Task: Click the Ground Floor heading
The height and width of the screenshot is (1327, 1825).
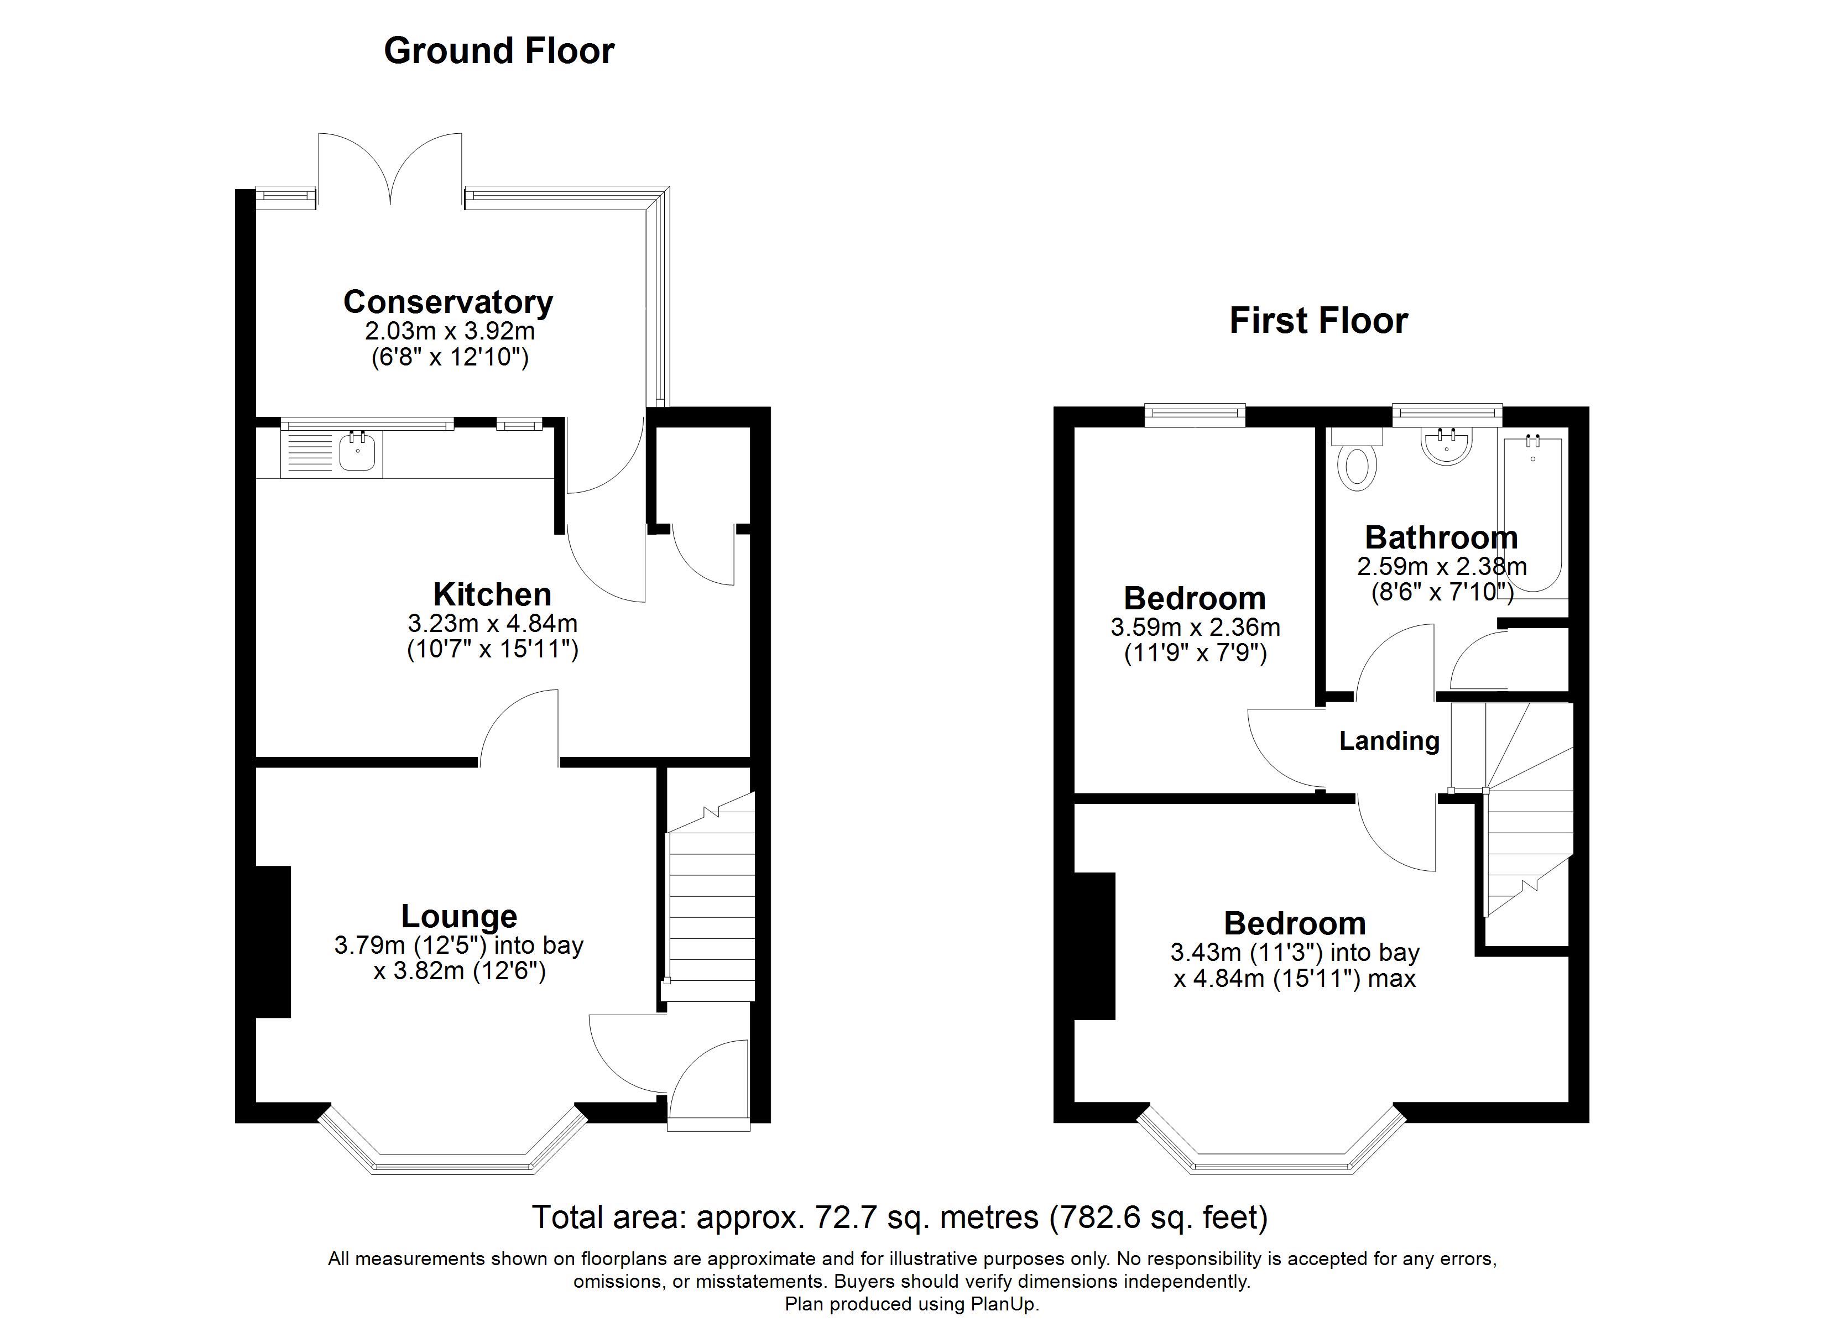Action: coord(499,51)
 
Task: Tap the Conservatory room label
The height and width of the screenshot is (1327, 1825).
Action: coord(448,302)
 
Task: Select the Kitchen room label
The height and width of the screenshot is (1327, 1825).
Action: coord(492,595)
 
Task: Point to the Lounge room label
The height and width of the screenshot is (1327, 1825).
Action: coord(460,916)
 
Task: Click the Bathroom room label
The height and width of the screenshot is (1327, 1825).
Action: coord(1441,537)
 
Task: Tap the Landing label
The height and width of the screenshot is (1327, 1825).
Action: coord(1389,740)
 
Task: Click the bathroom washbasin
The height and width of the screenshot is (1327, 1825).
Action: coord(1447,444)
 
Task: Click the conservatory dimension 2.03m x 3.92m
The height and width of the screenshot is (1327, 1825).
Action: coord(450,331)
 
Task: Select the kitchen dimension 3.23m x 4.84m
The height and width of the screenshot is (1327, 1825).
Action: coord(492,623)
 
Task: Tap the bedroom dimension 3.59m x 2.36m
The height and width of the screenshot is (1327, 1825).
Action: coord(1195,627)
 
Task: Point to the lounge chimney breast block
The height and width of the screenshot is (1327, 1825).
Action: coord(273,942)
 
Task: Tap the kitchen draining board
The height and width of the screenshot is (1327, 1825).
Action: coord(306,454)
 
